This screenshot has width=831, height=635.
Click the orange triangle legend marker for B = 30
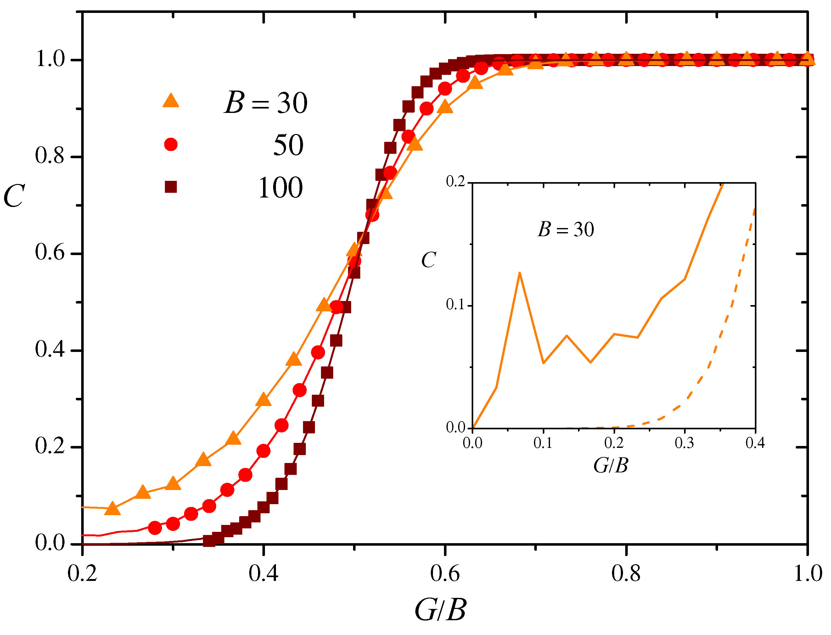(x=171, y=101)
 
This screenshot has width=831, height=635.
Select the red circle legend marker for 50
(x=171, y=144)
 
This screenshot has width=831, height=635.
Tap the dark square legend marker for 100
(x=171, y=187)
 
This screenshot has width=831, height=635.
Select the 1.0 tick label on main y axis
(x=50, y=59)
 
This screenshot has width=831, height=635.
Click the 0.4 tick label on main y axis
(x=50, y=350)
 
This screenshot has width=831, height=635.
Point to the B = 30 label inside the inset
(x=566, y=229)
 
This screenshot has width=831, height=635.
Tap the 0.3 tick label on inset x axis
(x=684, y=443)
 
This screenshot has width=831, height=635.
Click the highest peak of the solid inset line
(x=520, y=273)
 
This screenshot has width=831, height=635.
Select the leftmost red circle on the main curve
(x=154, y=528)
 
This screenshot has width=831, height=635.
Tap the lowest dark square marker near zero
(x=209, y=541)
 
